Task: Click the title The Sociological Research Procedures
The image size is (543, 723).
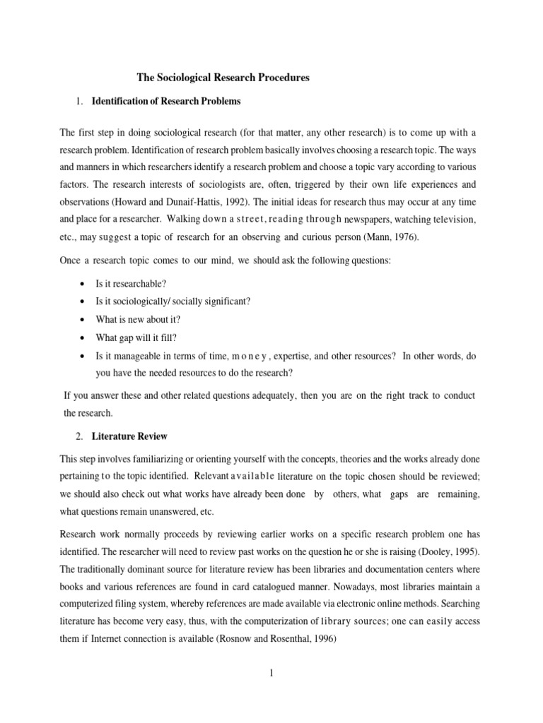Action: click(223, 78)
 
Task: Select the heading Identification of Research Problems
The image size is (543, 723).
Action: click(166, 102)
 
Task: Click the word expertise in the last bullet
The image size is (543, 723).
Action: click(293, 357)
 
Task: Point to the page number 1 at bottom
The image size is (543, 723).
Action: click(271, 673)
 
